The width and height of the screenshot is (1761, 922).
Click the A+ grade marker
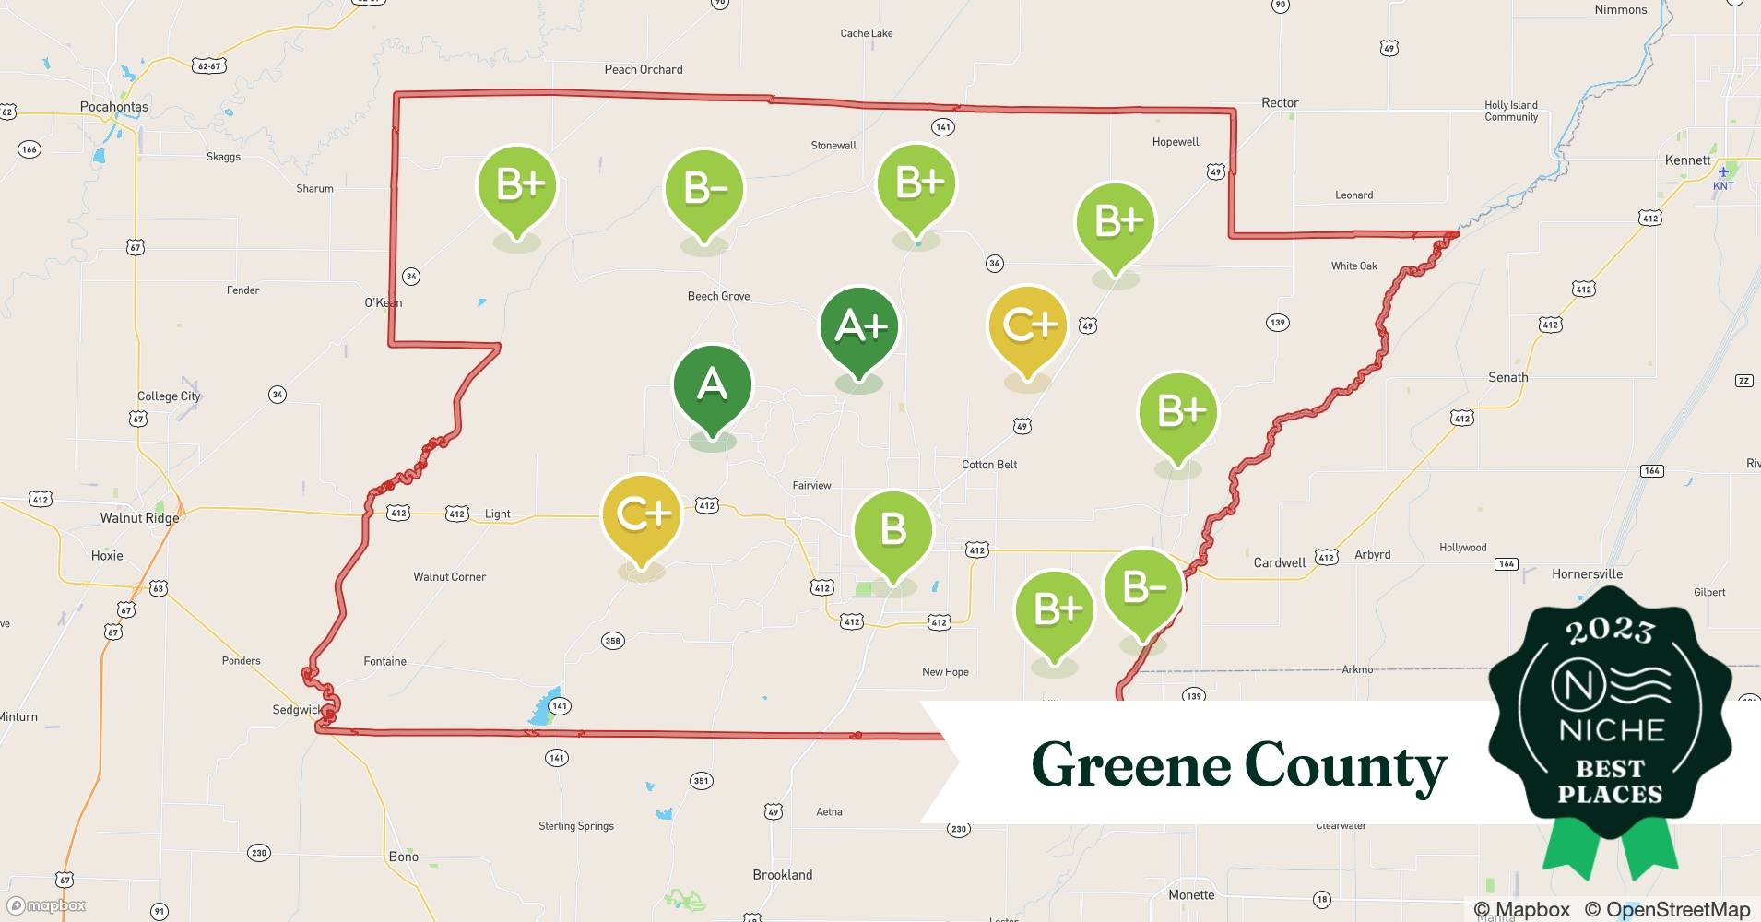pyautogui.click(x=859, y=327)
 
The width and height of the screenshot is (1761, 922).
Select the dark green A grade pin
pyautogui.click(x=712, y=385)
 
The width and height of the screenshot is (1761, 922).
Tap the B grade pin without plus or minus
pyautogui.click(x=892, y=530)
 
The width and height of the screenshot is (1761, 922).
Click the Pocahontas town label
pyautogui.click(x=114, y=107)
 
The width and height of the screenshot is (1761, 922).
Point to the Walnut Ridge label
pyautogui.click(x=139, y=518)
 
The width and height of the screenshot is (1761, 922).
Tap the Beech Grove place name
pyautogui.click(x=718, y=296)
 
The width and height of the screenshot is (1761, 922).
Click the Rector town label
pyautogui.click(x=1280, y=103)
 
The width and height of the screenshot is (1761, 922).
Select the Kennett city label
pyautogui.click(x=1687, y=160)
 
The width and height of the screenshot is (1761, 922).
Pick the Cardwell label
pyautogui.click(x=1279, y=562)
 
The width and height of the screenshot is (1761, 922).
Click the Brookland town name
pyautogui.click(x=783, y=875)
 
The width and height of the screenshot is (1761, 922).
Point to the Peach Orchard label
pyautogui.click(x=644, y=69)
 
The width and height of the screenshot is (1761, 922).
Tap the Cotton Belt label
pyautogui.click(x=989, y=465)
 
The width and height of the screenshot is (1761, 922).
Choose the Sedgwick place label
pyautogui.click(x=297, y=710)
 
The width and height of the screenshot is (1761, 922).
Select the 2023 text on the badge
pyautogui.click(x=1610, y=631)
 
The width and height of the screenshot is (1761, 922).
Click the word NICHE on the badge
pyautogui.click(x=1611, y=731)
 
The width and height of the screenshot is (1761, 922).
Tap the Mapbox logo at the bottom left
pyautogui.click(x=47, y=905)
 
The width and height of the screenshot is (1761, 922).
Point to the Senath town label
pyautogui.click(x=1507, y=377)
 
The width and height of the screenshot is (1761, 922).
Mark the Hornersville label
pyautogui.click(x=1587, y=573)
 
